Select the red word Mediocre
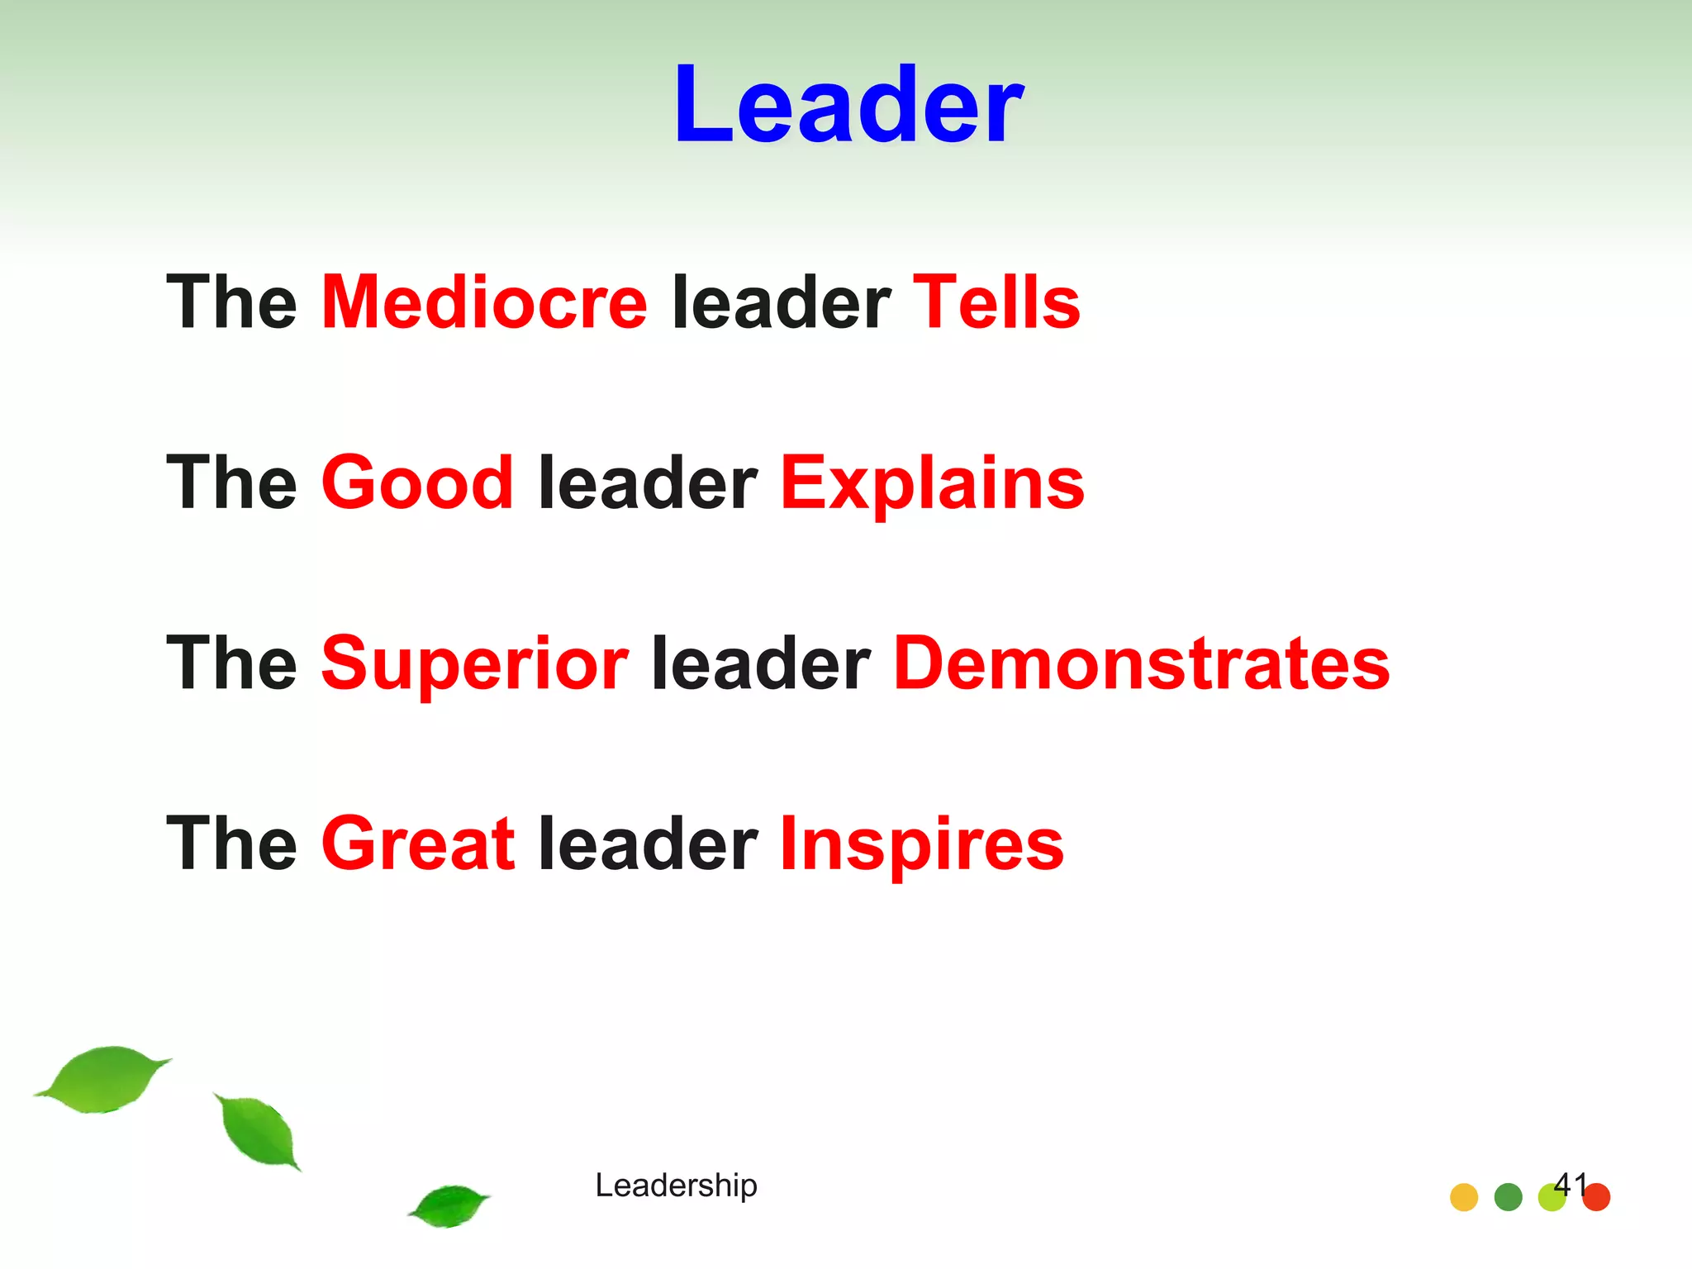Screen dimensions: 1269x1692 [484, 303]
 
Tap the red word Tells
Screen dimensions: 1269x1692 [996, 303]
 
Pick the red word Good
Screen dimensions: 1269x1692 [417, 483]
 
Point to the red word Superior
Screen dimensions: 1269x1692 [475, 664]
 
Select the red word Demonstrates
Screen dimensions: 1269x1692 [1142, 664]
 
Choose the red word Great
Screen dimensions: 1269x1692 [418, 844]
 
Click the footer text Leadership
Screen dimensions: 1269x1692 [676, 1186]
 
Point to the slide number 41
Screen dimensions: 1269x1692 [1570, 1184]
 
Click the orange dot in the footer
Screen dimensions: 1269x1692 [1464, 1197]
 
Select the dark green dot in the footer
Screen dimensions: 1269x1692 [1508, 1197]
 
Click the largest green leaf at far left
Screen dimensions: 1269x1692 [103, 1079]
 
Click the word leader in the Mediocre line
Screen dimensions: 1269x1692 [781, 303]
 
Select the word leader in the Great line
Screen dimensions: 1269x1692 [648, 844]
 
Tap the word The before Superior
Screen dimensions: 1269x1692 [231, 664]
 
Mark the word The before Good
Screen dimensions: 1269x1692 [231, 483]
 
